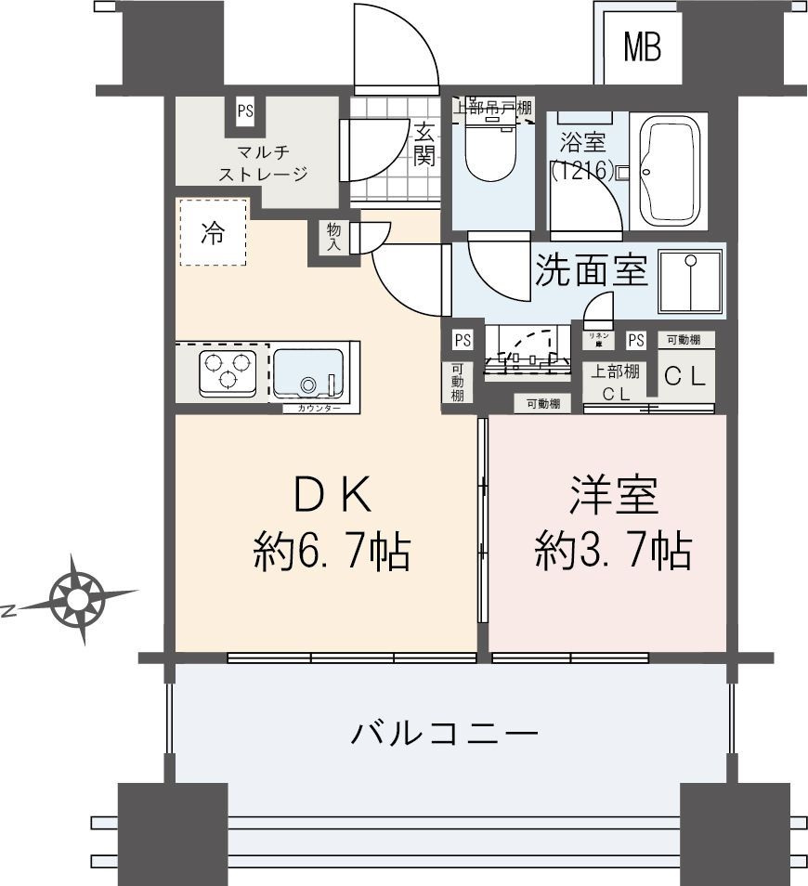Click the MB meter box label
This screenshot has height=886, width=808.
coord(642,47)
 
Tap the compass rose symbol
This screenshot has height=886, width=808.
coord(78,597)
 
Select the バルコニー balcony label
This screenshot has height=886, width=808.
coord(445,736)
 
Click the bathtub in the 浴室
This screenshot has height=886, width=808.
coord(669,171)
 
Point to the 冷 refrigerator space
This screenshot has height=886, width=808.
coord(214,233)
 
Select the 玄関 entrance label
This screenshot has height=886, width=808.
coord(424,144)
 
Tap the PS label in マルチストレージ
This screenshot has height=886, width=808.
coord(245,111)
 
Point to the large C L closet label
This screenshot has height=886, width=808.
coord(685,377)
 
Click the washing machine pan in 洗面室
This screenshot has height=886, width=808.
coord(689,282)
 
